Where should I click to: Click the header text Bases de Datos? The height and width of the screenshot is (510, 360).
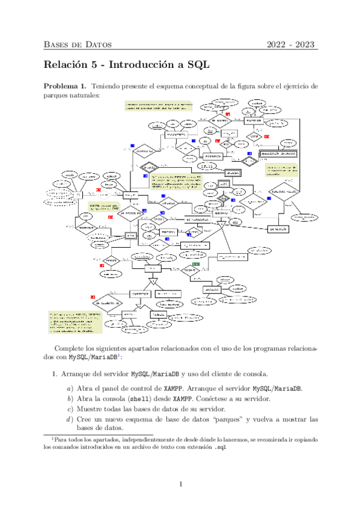[78, 45]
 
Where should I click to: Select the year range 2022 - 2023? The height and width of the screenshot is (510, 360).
[291, 45]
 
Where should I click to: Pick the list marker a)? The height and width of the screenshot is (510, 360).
[70, 387]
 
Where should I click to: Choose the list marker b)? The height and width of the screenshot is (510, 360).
[70, 398]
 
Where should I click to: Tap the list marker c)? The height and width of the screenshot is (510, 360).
[70, 409]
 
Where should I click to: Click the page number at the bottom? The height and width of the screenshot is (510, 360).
[180, 484]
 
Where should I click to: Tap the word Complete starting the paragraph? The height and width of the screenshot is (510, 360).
[71, 349]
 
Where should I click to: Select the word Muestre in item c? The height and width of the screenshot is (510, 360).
[91, 409]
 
